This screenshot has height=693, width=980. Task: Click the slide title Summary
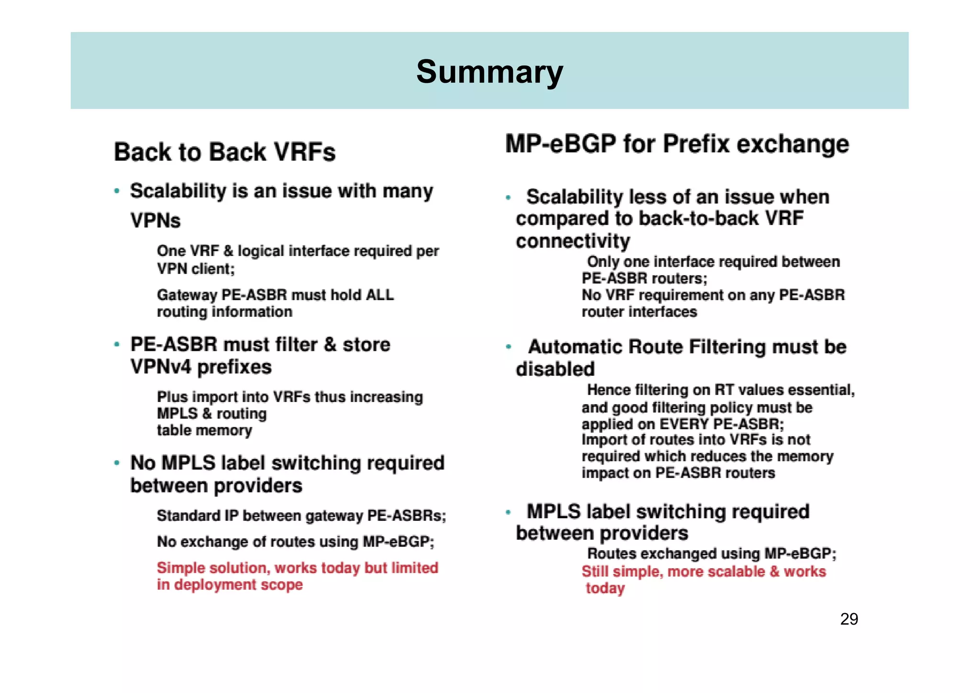(x=490, y=72)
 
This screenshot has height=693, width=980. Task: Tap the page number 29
(x=849, y=619)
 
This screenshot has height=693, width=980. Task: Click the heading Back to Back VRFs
(x=224, y=152)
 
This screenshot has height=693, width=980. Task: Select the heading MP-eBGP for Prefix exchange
(x=677, y=144)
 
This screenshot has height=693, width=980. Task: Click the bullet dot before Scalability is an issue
(x=117, y=191)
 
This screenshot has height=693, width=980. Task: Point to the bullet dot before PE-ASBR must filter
(x=117, y=345)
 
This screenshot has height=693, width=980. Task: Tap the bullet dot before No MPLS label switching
(x=117, y=463)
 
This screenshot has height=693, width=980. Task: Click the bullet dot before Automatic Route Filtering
(x=509, y=347)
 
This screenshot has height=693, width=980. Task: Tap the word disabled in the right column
(x=555, y=369)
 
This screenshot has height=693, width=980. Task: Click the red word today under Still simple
(x=605, y=588)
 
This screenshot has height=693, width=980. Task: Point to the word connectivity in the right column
(x=573, y=241)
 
